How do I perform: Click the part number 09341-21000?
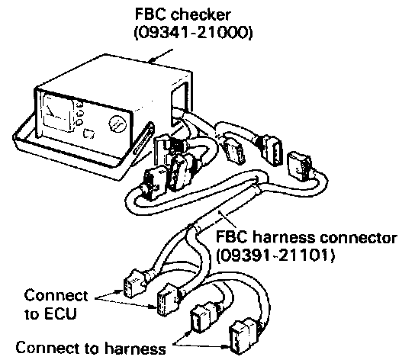point(194,33)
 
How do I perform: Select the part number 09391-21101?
point(275,256)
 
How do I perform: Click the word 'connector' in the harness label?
point(359,238)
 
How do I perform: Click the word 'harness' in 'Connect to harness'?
point(136,348)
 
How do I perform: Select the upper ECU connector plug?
point(134,284)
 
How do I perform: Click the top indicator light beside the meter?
point(79,104)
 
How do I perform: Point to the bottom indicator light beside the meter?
point(79,123)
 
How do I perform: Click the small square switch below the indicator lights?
point(89,133)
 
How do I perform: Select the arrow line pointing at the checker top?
point(161,56)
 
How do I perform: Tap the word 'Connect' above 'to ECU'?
point(56,295)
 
